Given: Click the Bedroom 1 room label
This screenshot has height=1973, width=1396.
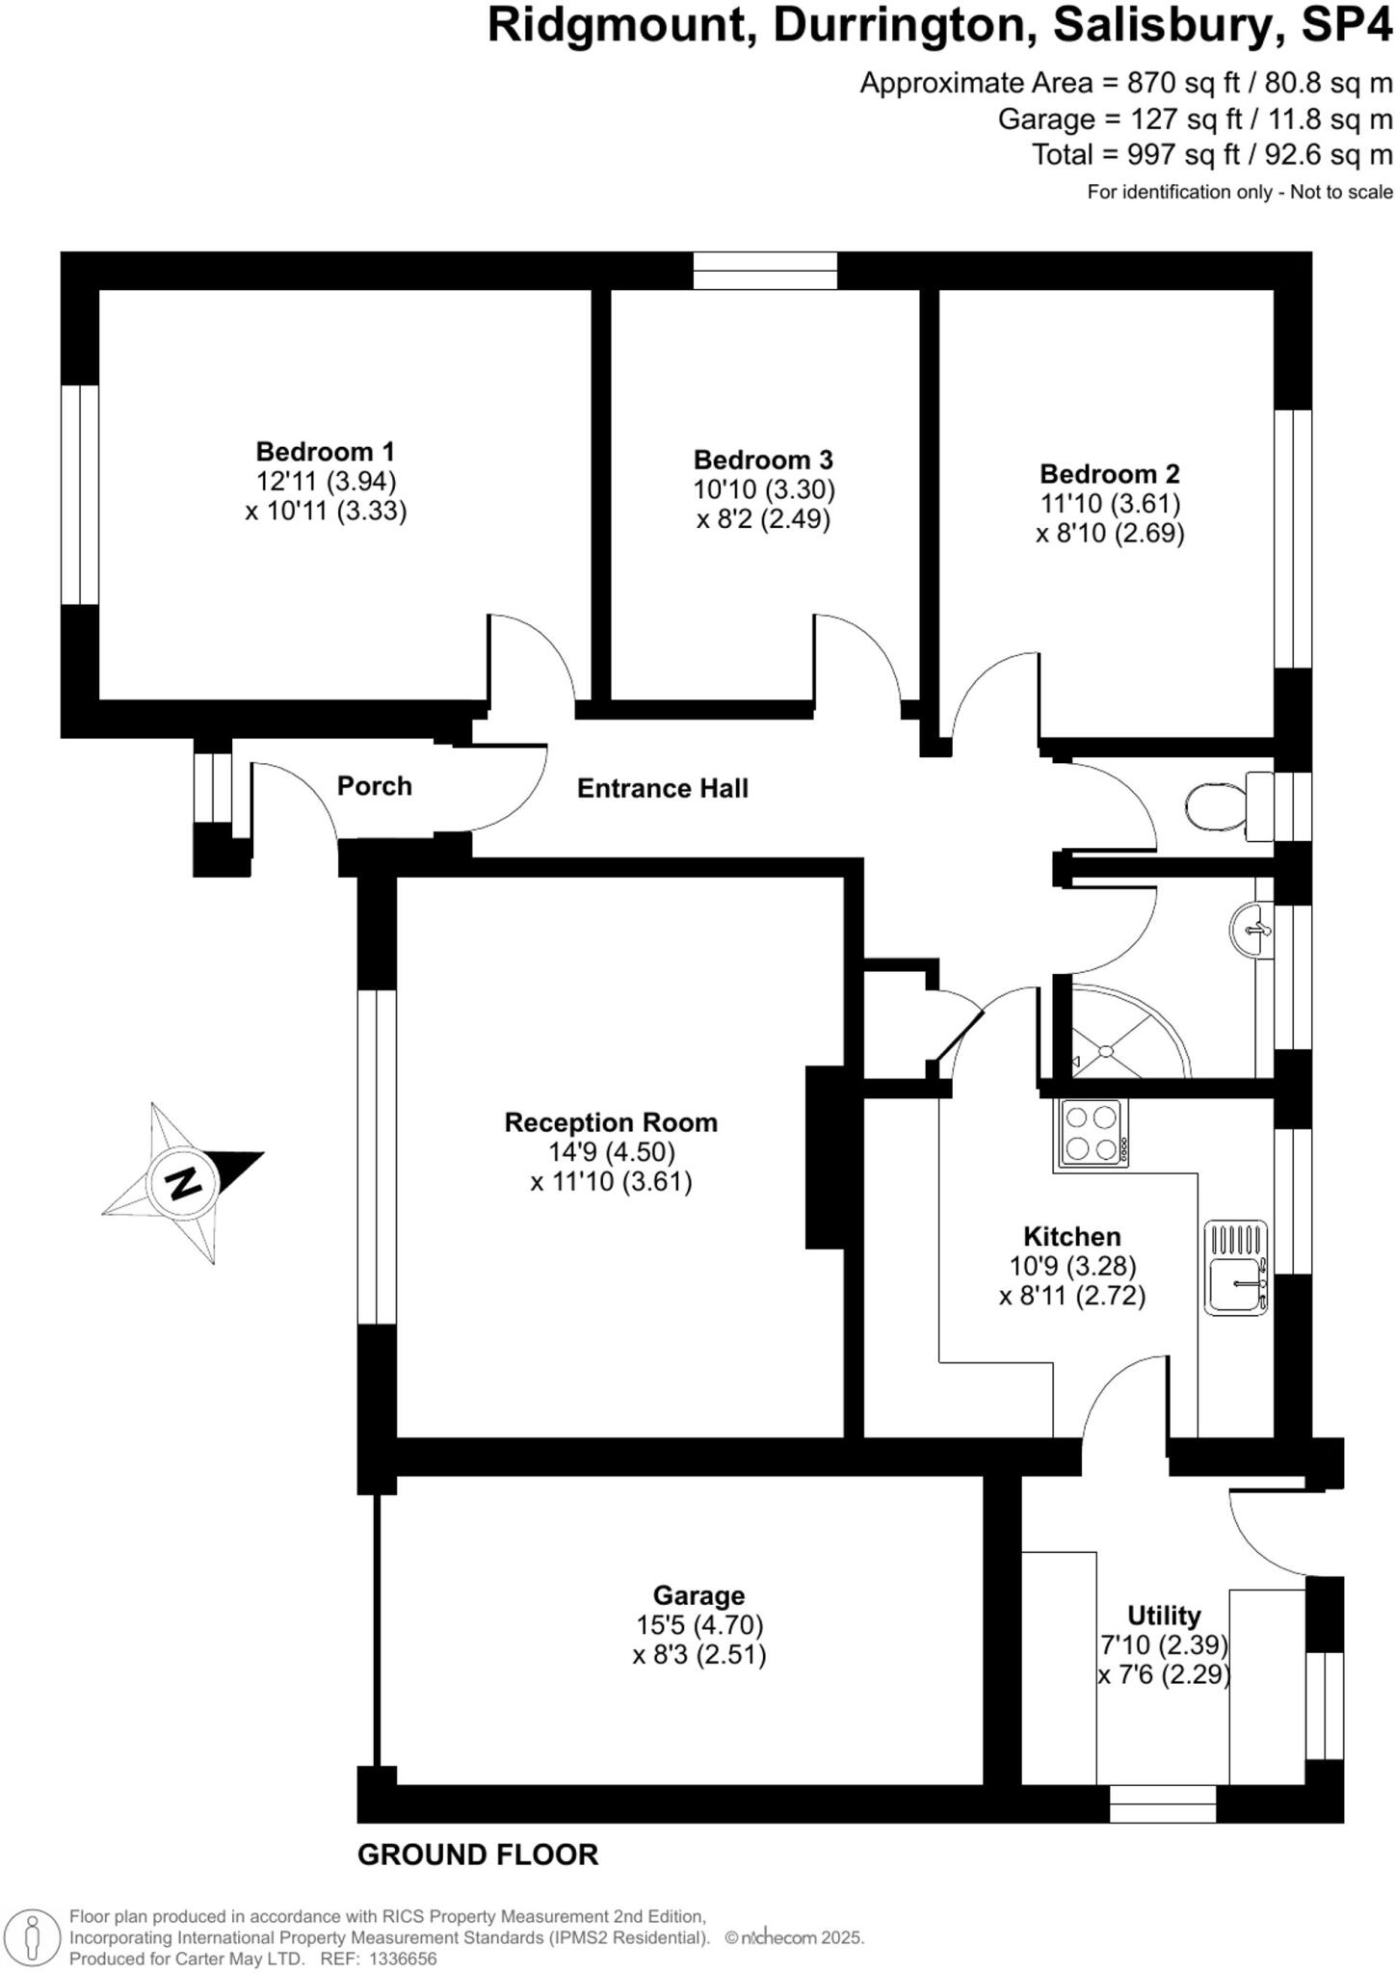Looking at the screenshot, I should click(325, 451).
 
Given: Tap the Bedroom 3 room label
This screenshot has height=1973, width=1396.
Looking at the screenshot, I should click(763, 460).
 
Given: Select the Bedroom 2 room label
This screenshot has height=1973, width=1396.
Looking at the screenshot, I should click(1109, 474).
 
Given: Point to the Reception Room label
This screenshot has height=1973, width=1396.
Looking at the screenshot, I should click(611, 1122).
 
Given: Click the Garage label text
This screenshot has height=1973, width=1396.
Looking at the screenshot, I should click(698, 1595).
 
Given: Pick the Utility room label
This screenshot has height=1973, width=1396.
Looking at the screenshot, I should click(1164, 1616).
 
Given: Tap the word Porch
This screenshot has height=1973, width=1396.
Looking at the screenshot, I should click(374, 786).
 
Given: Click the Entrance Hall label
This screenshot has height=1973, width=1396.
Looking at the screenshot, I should click(662, 789).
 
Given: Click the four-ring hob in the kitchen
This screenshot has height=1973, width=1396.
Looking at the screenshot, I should click(1093, 1134).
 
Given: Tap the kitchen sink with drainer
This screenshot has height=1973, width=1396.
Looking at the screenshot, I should click(1236, 1268).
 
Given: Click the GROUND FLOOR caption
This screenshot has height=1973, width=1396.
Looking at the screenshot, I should click(478, 1855).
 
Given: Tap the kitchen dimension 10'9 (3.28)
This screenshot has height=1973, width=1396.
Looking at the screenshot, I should click(1072, 1266).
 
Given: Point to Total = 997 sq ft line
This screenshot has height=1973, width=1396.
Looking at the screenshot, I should click(1211, 155).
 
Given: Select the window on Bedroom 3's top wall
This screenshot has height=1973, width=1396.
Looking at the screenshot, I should click(765, 271).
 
